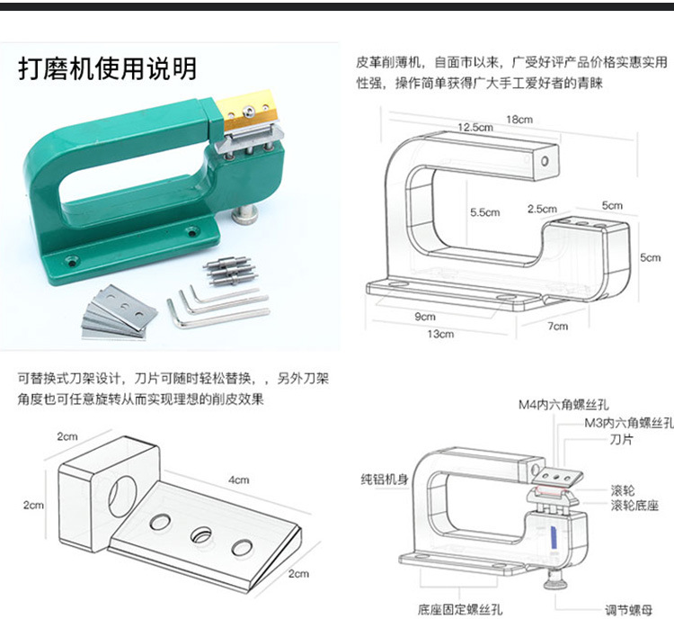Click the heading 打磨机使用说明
pos(107,69)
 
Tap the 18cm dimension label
pos(519,119)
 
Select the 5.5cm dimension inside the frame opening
pos(484,212)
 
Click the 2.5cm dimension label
pos(542,209)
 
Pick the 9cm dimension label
pos(425,316)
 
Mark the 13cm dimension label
pos(440,334)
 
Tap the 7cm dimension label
pos(558,325)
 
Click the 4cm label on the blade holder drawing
pos(238,480)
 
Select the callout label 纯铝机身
pos(385,479)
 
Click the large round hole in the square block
pos(120,495)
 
